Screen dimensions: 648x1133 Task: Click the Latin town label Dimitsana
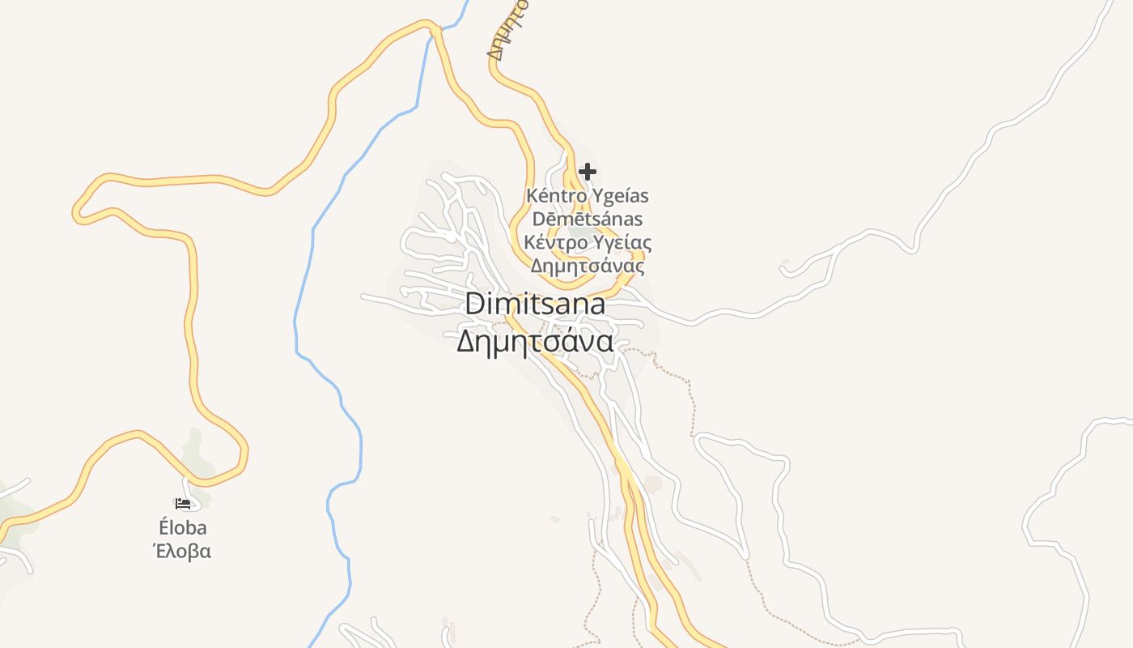[x=535, y=305]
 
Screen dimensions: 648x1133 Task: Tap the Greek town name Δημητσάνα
[x=535, y=342]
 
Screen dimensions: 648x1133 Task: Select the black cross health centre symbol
[x=588, y=172]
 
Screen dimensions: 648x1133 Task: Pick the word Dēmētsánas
[x=588, y=220]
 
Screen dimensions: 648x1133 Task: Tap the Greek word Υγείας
[x=622, y=243]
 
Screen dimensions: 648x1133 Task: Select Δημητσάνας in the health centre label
[x=588, y=266]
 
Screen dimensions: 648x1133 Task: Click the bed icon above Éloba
[x=183, y=504]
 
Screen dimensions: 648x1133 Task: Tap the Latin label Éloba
[x=183, y=528]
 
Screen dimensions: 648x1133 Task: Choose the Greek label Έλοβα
[x=183, y=552]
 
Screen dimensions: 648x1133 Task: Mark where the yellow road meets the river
[x=435, y=31]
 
